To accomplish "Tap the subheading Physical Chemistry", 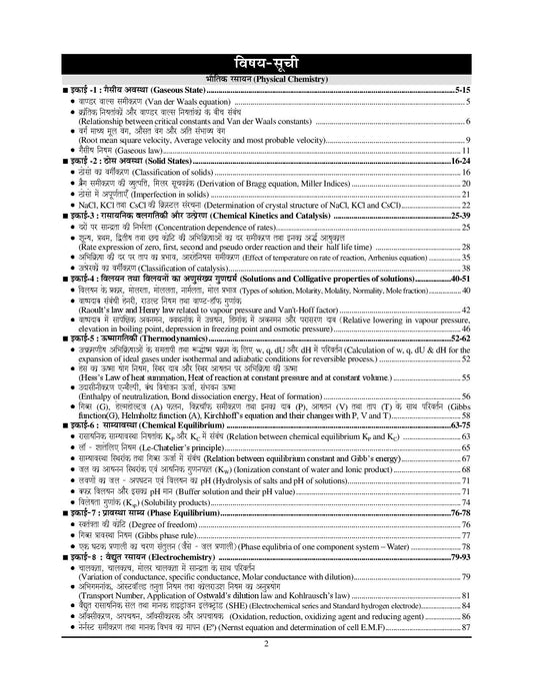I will (267, 76).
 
